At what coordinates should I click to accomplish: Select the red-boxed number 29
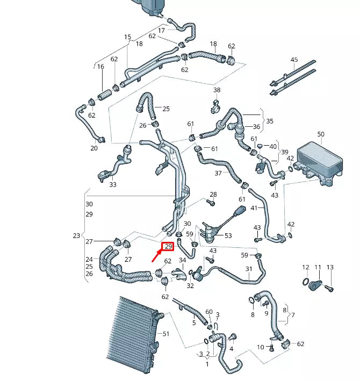click(x=168, y=247)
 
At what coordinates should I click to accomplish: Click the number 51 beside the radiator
click(x=166, y=334)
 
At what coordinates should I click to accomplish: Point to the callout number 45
click(x=294, y=60)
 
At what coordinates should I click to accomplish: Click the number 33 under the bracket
click(x=112, y=185)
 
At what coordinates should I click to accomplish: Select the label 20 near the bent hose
click(x=94, y=148)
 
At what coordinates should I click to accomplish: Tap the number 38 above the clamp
click(x=217, y=90)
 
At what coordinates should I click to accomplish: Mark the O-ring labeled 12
click(x=306, y=282)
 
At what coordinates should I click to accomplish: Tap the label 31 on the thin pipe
click(x=249, y=269)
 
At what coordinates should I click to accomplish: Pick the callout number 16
click(x=100, y=67)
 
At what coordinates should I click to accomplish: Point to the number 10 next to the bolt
click(x=261, y=347)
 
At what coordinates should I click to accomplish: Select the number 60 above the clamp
click(x=209, y=312)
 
